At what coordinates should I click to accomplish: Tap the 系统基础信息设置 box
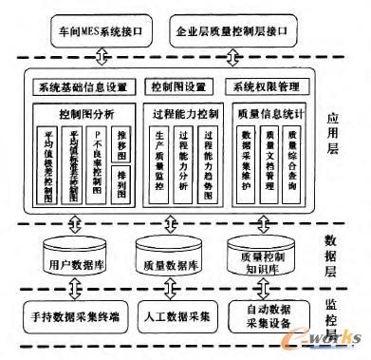click(83, 86)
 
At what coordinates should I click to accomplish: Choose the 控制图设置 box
click(182, 86)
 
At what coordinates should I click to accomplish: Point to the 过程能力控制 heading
click(184, 112)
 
